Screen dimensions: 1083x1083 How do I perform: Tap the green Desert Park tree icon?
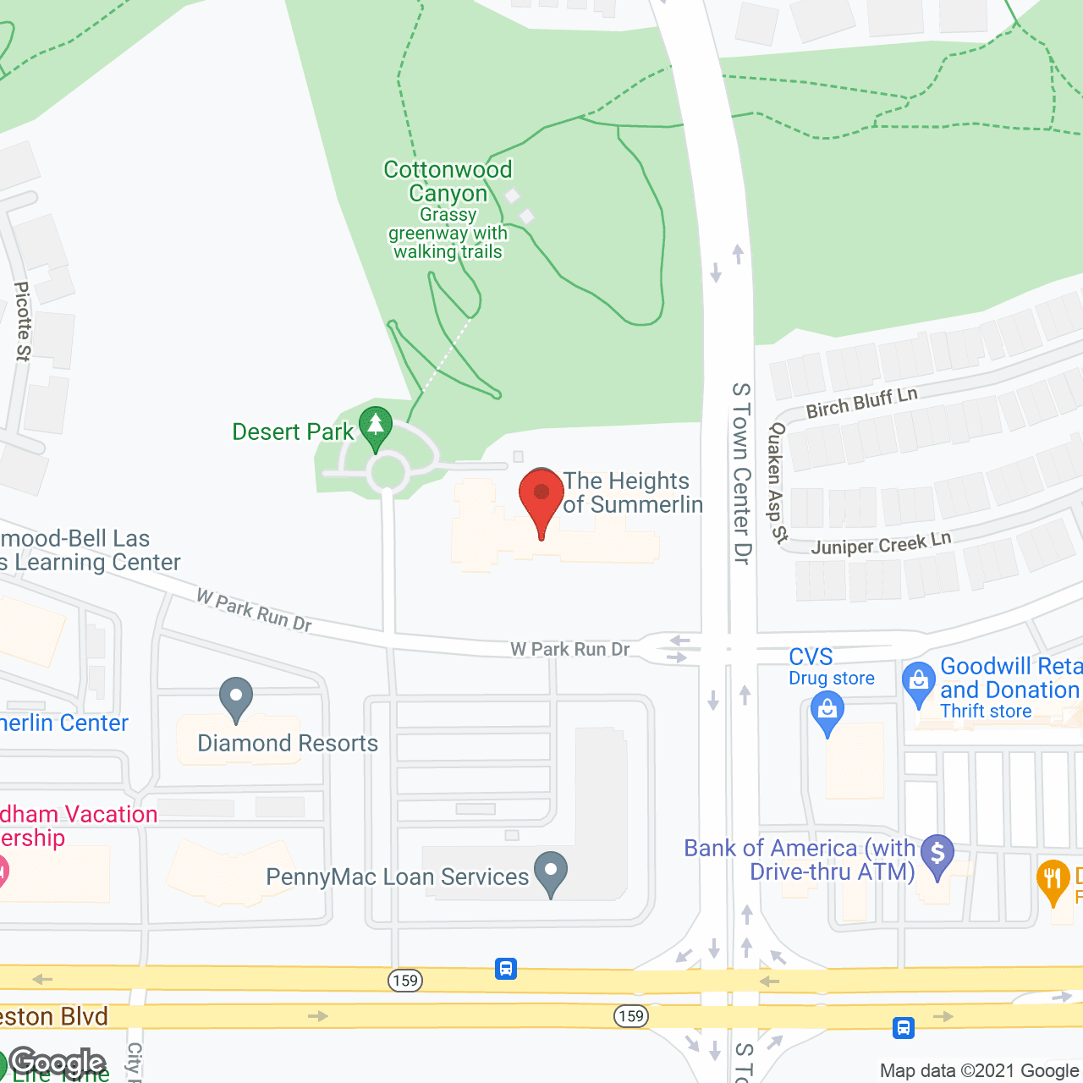pyautogui.click(x=375, y=426)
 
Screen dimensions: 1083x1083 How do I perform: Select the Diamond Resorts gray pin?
pyautogui.click(x=236, y=699)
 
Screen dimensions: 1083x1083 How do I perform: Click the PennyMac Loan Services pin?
pyautogui.click(x=551, y=871)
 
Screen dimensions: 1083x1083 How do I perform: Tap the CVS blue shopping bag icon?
pyautogui.click(x=827, y=712)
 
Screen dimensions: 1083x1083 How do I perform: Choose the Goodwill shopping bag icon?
pyautogui.click(x=918, y=682)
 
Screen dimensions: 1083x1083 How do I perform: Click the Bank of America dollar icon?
pyautogui.click(x=937, y=855)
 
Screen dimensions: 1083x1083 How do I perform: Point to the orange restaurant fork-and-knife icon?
pyautogui.click(x=1053, y=880)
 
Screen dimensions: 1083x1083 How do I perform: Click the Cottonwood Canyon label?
pyautogui.click(x=448, y=181)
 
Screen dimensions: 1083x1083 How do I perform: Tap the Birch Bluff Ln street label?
pyautogui.click(x=861, y=403)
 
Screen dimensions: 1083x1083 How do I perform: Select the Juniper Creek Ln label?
pyautogui.click(x=881, y=542)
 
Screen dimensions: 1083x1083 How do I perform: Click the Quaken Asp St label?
pyautogui.click(x=776, y=482)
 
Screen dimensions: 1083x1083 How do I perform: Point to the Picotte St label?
pyautogui.click(x=23, y=322)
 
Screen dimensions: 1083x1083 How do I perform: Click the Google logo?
pyautogui.click(x=58, y=1063)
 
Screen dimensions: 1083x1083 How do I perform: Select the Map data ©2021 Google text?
pyautogui.click(x=980, y=1070)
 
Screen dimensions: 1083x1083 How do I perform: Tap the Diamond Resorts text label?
pyautogui.click(x=288, y=743)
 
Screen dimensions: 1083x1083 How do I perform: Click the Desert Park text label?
pyautogui.click(x=293, y=432)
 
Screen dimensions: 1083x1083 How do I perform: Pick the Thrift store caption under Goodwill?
pyautogui.click(x=986, y=712)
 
